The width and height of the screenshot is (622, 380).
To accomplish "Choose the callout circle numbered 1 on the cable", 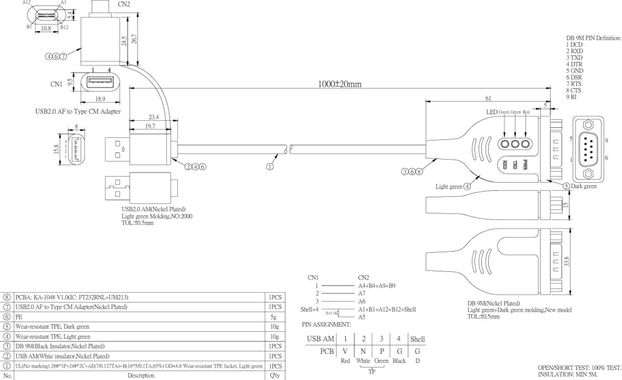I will [x=270, y=167].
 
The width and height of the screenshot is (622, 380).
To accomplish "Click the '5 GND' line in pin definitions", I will [x=575, y=71].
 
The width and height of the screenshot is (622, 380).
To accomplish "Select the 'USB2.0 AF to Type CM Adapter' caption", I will [x=78, y=111].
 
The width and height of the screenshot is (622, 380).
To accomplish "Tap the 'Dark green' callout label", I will [x=583, y=186].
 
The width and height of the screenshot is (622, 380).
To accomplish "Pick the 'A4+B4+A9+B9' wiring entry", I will [x=377, y=285].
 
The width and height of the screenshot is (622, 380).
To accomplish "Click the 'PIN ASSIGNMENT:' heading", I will [x=326, y=325].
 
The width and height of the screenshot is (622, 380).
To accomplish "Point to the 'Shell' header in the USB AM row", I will [x=417, y=339].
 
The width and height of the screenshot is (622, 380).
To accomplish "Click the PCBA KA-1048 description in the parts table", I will [x=69, y=297].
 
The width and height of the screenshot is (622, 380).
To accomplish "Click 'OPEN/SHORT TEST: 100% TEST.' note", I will [x=580, y=367].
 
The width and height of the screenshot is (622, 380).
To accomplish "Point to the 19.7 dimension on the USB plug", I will [x=150, y=127].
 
